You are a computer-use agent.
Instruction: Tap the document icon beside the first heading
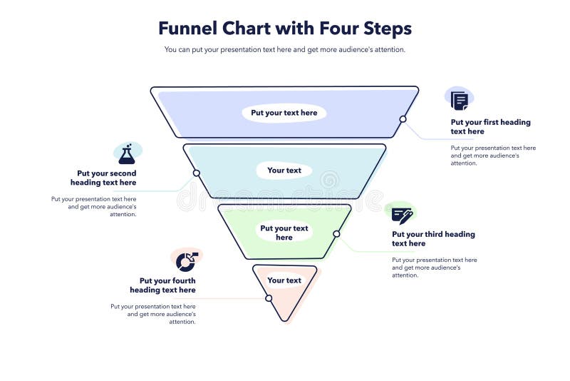(x=460, y=100)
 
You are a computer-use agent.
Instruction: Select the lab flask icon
(x=127, y=153)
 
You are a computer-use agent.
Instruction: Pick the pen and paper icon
(x=402, y=214)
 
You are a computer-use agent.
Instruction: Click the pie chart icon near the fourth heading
(x=187, y=260)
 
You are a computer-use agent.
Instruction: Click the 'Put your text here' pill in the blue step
(x=284, y=113)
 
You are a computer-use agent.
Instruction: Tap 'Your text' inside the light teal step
(x=284, y=171)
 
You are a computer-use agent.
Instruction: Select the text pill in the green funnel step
(x=284, y=233)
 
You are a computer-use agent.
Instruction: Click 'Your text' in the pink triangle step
(x=284, y=280)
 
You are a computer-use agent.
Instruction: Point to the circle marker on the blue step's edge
(x=403, y=119)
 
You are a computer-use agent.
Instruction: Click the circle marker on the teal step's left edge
(x=196, y=173)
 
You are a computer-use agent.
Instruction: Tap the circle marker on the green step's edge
(x=336, y=234)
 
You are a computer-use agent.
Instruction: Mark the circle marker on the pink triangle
(x=269, y=298)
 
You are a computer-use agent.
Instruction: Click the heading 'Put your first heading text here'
(x=490, y=127)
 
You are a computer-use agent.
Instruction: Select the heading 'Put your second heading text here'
(x=104, y=178)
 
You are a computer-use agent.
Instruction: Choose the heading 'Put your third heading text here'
(x=433, y=239)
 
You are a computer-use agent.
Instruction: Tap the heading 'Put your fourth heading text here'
(x=164, y=285)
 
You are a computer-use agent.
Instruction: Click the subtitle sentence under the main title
(x=284, y=50)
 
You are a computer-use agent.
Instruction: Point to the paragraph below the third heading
(x=434, y=268)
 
